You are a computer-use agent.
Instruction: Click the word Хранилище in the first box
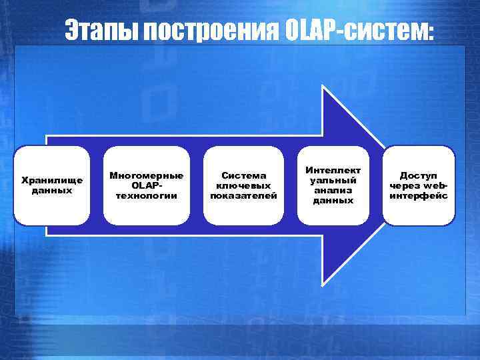click(52, 180)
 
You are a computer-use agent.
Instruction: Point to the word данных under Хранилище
click(52, 189)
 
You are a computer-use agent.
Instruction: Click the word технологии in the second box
click(147, 195)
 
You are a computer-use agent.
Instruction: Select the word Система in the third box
click(244, 175)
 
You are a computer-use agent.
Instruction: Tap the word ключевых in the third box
click(244, 185)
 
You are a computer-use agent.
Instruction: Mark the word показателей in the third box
click(244, 195)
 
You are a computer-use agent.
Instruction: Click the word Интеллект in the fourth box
click(333, 171)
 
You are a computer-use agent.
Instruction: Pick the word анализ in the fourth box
click(333, 190)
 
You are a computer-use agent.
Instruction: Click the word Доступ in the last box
click(419, 175)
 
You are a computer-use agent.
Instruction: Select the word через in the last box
click(405, 185)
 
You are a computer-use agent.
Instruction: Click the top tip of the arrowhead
click(323, 87)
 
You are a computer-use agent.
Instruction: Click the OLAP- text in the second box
click(147, 185)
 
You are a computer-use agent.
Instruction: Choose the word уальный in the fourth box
click(333, 180)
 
